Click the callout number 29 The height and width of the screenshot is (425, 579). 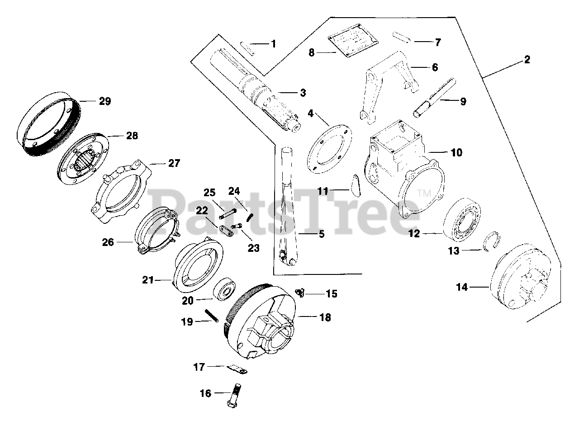coord(105,101)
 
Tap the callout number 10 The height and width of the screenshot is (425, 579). coord(456,153)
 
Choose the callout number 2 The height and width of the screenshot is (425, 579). coord(527,59)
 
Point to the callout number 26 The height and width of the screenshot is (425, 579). coord(108,242)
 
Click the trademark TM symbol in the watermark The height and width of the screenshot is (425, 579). coord(423,193)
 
